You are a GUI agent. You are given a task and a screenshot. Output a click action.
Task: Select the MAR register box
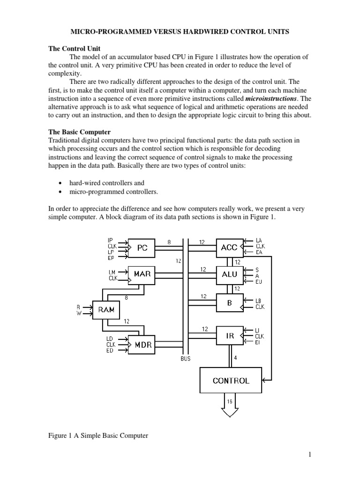[142, 274]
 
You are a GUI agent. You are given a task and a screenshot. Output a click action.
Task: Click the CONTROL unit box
[231, 380]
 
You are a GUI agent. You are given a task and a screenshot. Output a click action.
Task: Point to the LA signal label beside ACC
[259, 240]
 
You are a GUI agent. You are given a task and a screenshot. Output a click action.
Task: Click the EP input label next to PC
[111, 257]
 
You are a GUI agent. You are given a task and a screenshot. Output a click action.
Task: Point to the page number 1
[310, 454]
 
